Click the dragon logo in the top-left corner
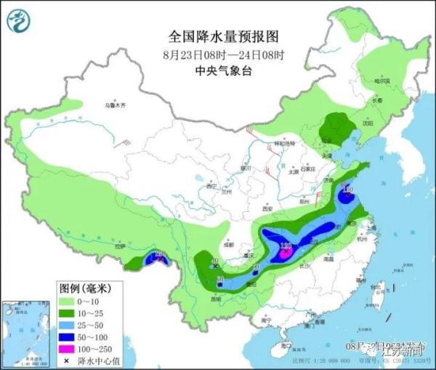[20, 22]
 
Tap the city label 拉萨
[119, 247]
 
